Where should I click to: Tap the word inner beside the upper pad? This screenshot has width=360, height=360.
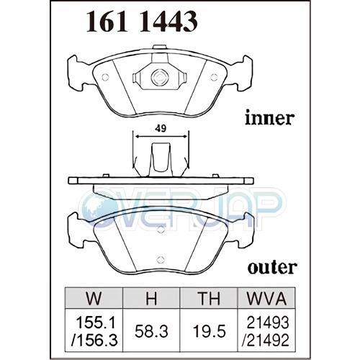(x=269, y=118)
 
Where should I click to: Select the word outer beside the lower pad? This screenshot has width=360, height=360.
(x=272, y=267)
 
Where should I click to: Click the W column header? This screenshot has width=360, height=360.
(x=94, y=299)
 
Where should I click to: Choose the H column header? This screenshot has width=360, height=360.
(x=151, y=299)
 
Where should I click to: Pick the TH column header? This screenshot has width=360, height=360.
(x=209, y=299)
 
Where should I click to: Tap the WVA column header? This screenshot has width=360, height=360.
(x=266, y=299)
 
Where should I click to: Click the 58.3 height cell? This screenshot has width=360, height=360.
(x=151, y=332)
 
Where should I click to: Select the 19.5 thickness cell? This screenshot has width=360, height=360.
(x=209, y=332)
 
